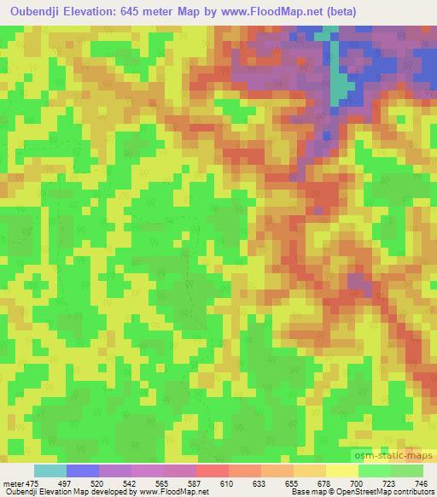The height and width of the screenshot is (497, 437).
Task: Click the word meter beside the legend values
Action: click(x=12, y=482)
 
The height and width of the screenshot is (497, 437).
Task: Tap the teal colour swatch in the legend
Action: click(x=50, y=471)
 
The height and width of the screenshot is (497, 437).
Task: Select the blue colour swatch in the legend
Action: click(x=82, y=471)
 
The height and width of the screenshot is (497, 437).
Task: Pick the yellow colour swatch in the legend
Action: click(x=342, y=471)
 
